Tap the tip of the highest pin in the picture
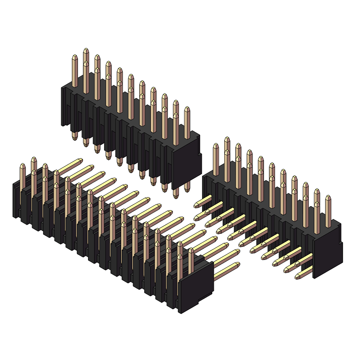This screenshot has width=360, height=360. (86, 51)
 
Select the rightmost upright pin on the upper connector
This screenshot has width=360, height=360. (187, 118)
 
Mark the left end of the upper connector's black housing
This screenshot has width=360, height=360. (64, 106)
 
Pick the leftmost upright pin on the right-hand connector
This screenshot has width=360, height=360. (216, 158)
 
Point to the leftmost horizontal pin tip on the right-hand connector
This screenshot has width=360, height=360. (197, 205)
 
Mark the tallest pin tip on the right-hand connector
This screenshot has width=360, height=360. (227, 139)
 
